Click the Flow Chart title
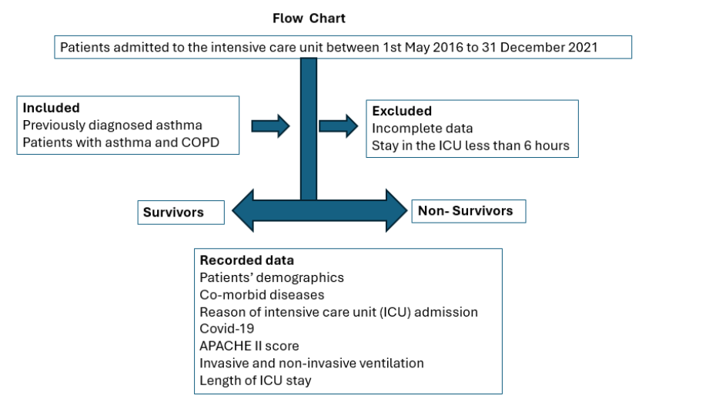tap(310, 18)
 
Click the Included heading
tap(51, 108)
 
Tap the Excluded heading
tap(402, 111)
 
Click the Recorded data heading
tap(246, 260)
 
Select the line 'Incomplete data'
tap(422, 128)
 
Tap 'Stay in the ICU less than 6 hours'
tap(470, 145)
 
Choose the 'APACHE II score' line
tap(249, 346)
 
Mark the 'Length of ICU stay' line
tap(255, 380)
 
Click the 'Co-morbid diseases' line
tap(262, 294)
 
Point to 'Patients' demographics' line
tap(271, 277)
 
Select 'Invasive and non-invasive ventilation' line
tap(311, 363)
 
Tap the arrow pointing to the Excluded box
tap(339, 125)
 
